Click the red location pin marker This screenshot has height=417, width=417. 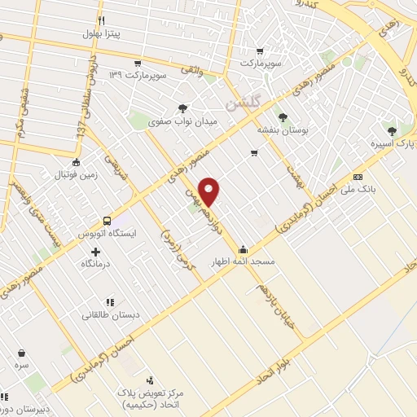[x=211, y=191]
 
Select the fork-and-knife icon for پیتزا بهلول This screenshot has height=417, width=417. [x=100, y=20]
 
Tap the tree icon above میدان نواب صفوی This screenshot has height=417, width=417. [x=182, y=108]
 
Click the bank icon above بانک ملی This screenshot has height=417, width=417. [x=357, y=177]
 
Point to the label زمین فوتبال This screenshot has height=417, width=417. [x=76, y=175]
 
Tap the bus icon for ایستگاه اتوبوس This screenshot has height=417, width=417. [x=107, y=221]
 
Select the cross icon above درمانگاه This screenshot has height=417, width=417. [x=97, y=252]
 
